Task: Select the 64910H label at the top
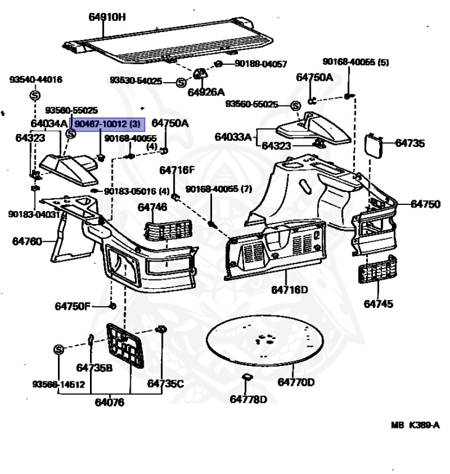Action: [x=107, y=17]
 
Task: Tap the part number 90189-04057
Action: [x=260, y=64]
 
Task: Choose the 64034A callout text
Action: [x=49, y=123]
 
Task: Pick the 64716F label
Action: [x=176, y=170]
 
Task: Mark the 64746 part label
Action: [x=152, y=207]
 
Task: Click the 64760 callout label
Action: [x=27, y=241]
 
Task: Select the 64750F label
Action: [x=72, y=306]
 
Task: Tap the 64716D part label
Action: [x=289, y=289]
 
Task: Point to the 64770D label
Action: [x=295, y=382]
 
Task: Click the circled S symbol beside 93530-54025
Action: [x=181, y=81]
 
